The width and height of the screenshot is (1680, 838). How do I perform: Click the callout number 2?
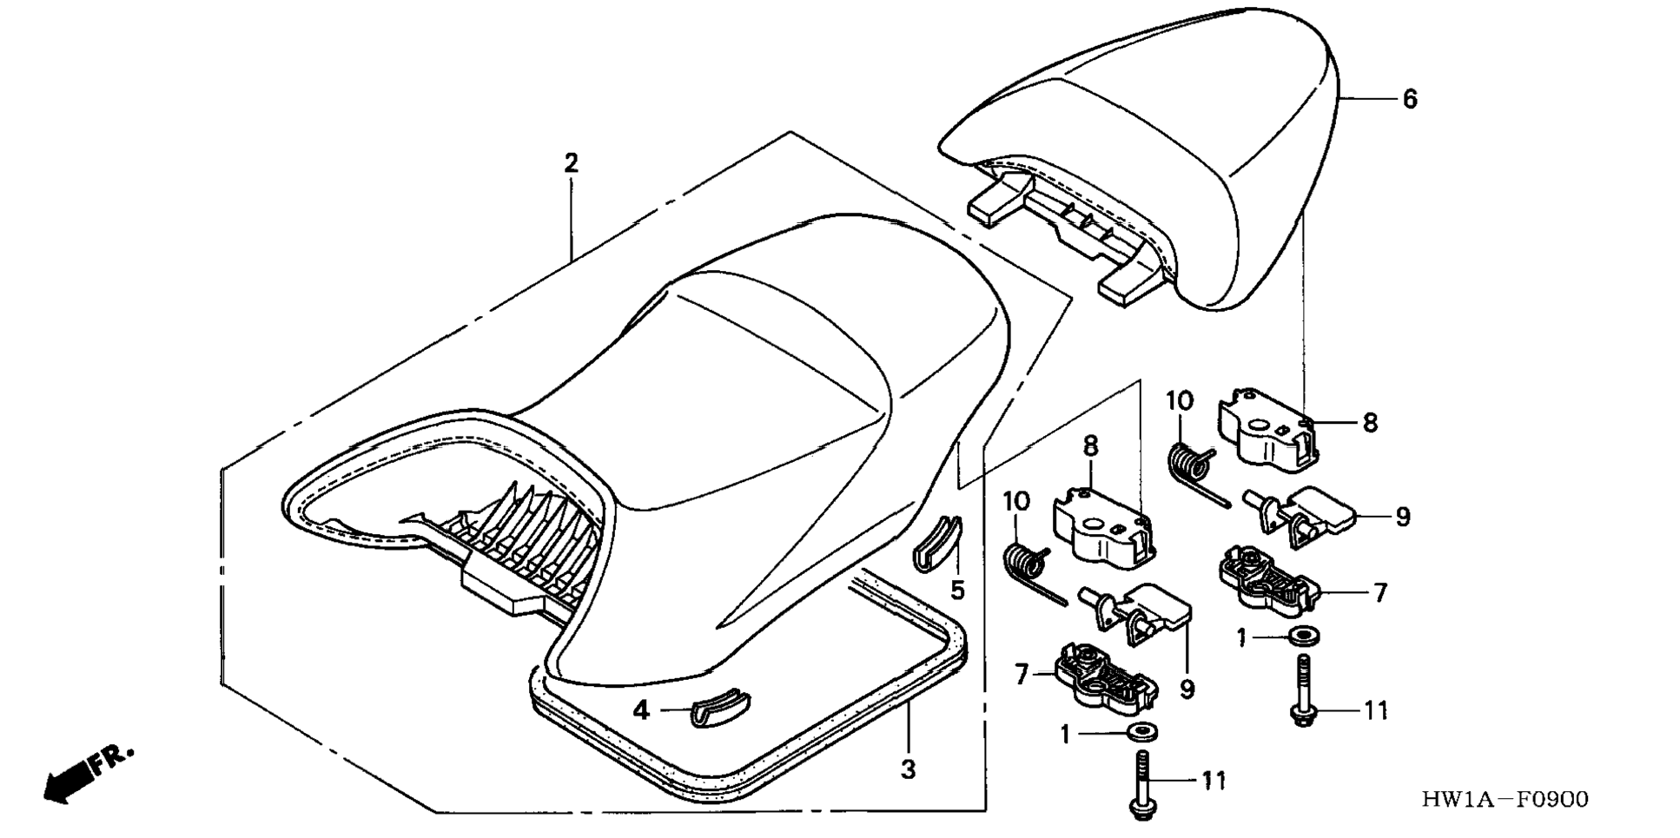point(571,162)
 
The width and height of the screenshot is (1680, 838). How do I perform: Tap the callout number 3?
point(908,769)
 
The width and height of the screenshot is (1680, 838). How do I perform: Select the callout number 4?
point(641,710)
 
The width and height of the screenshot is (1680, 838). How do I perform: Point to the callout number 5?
point(957,591)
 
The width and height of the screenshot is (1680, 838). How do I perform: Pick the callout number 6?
point(1410,99)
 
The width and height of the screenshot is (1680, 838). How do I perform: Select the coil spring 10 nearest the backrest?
point(1189,465)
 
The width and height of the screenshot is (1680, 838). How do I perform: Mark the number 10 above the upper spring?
point(1180,401)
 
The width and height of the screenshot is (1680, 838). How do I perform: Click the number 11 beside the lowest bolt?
point(1214,781)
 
